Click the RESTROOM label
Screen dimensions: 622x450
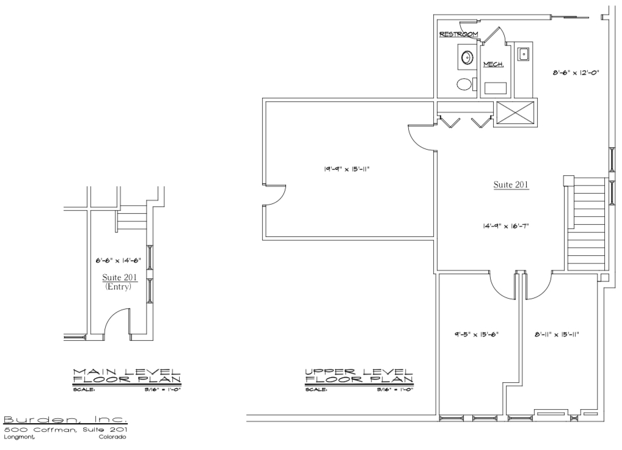[459, 34]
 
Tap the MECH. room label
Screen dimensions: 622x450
[494, 64]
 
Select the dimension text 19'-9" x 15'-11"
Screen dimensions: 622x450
[346, 169]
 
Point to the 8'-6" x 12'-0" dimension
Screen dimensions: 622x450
[576, 73]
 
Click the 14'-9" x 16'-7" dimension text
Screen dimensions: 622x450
[506, 226]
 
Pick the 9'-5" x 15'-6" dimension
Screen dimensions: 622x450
[477, 334]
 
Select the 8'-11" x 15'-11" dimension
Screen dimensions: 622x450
[557, 334]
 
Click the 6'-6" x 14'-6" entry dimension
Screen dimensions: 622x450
[118, 260]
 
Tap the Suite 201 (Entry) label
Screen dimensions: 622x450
[119, 281]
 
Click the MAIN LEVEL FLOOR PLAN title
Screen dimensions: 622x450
[126, 376]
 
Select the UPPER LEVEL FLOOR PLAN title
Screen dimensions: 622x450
[359, 376]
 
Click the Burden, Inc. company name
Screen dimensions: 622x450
[65, 419]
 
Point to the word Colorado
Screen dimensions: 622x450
[112, 437]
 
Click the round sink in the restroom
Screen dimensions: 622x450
[467, 57]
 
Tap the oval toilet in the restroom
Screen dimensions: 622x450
[464, 84]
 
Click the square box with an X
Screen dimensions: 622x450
[515, 114]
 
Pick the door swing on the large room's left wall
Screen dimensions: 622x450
[274, 195]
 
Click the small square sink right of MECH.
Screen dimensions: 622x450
[523, 54]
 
